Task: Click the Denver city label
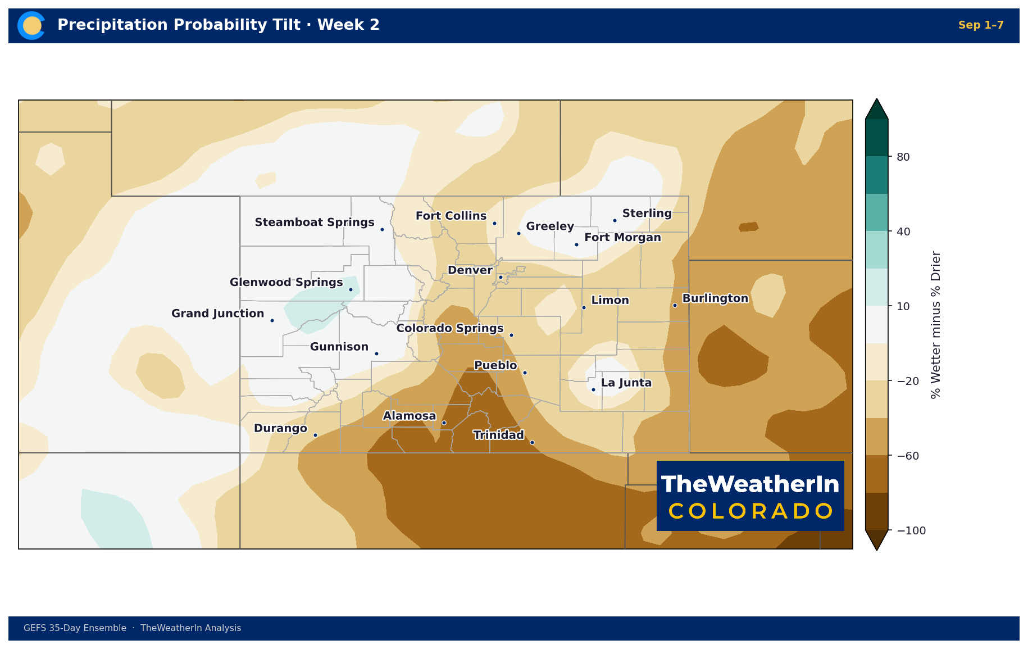point(470,270)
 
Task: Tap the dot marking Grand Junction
point(272,320)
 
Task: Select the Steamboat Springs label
point(315,223)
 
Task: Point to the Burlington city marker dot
point(675,305)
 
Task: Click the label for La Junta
point(626,383)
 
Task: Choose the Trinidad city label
point(498,435)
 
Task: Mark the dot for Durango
point(315,435)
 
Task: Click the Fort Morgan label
point(622,238)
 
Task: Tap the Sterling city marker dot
point(615,220)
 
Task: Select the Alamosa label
point(410,416)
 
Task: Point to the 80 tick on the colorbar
point(903,157)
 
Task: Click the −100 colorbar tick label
point(911,530)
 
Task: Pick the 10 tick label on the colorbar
point(903,306)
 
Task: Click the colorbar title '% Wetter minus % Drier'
point(935,325)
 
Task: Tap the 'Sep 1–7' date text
point(981,25)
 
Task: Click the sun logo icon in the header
point(31,25)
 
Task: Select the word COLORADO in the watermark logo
point(750,511)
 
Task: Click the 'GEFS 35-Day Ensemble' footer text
point(75,628)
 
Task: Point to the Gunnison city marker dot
point(376,353)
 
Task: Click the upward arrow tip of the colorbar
point(876,99)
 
